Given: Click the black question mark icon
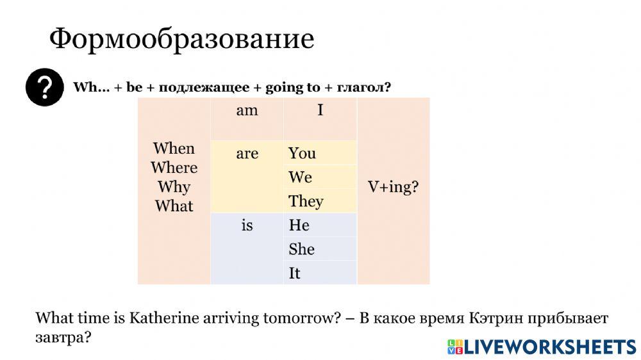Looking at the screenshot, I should (x=44, y=87).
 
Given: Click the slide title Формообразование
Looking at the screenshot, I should (x=181, y=39).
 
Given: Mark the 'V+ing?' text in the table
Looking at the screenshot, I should (x=393, y=187).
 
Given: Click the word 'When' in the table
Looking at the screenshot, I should (x=174, y=149).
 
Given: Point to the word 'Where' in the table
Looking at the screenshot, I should (x=174, y=168).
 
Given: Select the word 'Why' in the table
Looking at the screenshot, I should (x=174, y=187).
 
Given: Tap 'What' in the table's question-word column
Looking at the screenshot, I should (x=174, y=206).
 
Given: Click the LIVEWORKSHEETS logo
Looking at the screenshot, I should (x=541, y=347).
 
